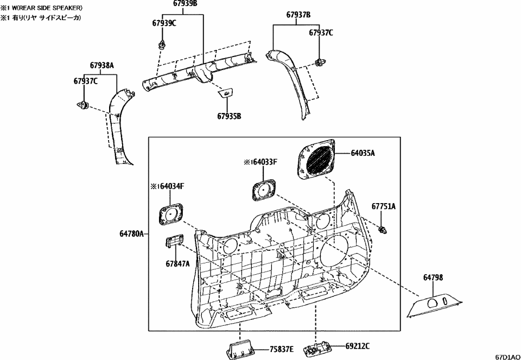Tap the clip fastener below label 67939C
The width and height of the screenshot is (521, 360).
pyautogui.click(x=161, y=43)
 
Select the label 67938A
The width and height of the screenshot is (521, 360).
pyautogui.click(x=101, y=65)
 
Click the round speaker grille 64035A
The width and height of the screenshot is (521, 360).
pyautogui.click(x=316, y=157)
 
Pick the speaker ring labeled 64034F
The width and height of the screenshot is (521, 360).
pyautogui.click(x=171, y=213)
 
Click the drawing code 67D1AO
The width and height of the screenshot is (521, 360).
pyautogui.click(x=506, y=356)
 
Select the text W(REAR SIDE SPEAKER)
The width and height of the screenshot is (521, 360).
pyautogui.click(x=47, y=8)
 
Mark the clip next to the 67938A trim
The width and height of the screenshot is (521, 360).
pyautogui.click(x=84, y=105)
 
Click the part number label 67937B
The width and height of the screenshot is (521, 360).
pyautogui.click(x=298, y=15)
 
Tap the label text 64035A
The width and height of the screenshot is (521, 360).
pyautogui.click(x=360, y=154)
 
